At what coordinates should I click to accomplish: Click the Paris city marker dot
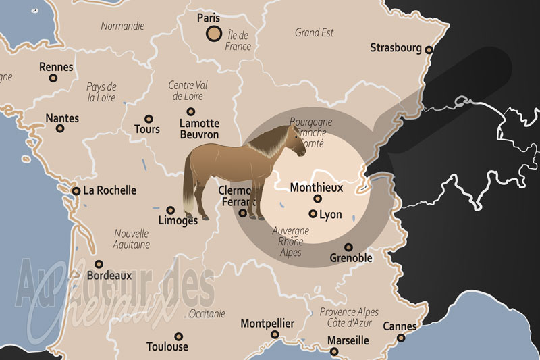point(213,34)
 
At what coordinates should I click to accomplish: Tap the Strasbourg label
point(396,48)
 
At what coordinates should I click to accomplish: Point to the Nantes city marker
point(60,128)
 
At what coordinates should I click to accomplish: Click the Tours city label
point(147,128)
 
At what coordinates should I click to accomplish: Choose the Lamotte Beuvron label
point(199,129)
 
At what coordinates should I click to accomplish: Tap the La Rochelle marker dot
point(76,191)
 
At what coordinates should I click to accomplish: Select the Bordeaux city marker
point(99,264)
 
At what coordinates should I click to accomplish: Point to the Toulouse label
point(167,347)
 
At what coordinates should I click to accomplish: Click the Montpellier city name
point(267,324)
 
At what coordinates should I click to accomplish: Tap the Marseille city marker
point(333,351)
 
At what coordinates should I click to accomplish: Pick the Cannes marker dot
point(401,338)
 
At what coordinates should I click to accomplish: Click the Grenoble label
point(351,258)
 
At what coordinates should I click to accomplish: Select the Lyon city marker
point(313,214)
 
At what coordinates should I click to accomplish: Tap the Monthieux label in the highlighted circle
point(316,187)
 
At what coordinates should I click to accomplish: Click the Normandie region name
point(122,26)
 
